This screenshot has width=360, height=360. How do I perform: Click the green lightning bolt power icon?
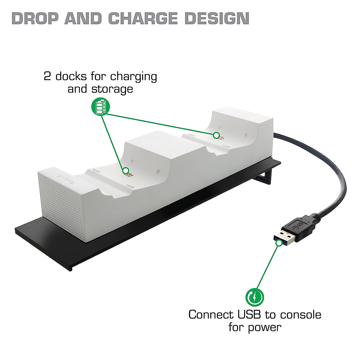click(x=255, y=297)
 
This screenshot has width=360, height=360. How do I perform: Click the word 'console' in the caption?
click(x=301, y=315)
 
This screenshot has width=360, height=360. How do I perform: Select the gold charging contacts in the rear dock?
click(x=221, y=138)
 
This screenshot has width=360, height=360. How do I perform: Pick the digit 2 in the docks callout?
click(x=47, y=76)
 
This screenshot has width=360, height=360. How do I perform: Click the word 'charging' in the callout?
click(x=133, y=77)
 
